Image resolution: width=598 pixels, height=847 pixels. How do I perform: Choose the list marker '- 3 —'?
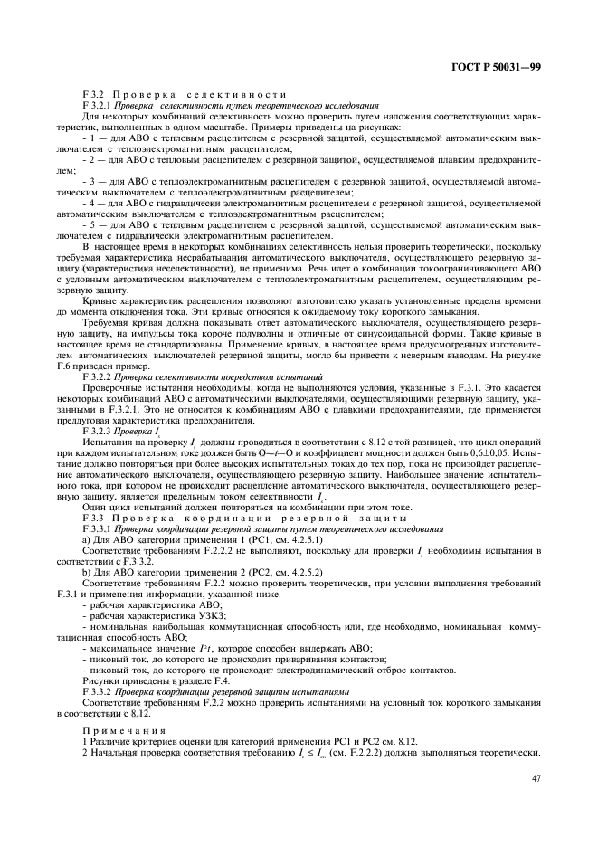pyautogui.click(x=93, y=182)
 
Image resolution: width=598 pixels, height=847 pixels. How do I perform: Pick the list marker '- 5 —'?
pyautogui.click(x=93, y=224)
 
